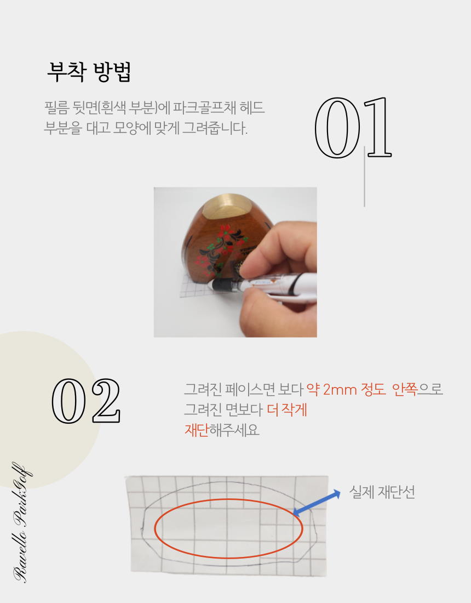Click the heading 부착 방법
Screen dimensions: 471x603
pos(89,72)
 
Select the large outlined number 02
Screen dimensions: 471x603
pos(86,401)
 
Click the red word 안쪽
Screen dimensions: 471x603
pos(404,390)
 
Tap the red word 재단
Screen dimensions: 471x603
pos(197,430)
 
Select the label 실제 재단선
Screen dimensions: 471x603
pos(382,492)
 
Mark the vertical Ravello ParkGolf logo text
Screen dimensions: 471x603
pos(22,522)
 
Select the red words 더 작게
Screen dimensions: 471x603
pos(288,409)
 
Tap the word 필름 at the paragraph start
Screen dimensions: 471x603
pos(56,107)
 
